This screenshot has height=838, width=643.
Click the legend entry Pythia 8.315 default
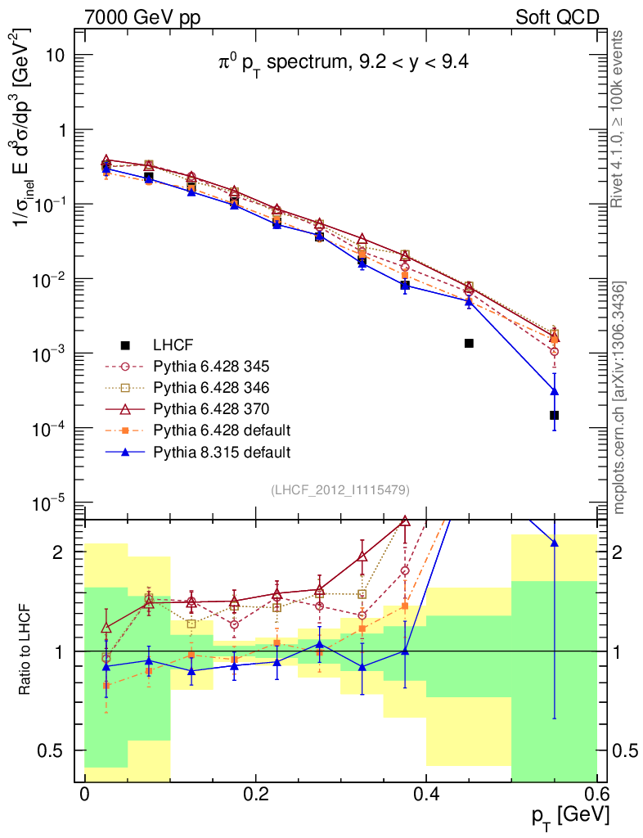[220, 451]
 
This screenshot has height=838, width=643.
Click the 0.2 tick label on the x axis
[255, 795]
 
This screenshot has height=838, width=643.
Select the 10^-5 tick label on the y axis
[51, 502]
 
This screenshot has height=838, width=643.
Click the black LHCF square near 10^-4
[554, 415]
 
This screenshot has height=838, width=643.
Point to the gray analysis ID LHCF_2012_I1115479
[340, 489]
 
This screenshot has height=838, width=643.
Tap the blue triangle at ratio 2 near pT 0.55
[554, 542]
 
